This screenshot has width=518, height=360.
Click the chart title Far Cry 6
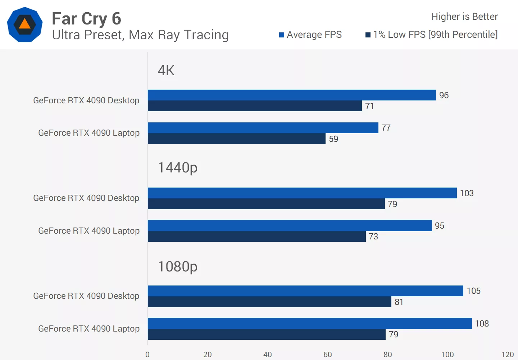[86, 19]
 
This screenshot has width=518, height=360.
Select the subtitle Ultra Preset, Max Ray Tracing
[140, 35]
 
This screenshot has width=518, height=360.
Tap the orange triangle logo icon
[25, 24]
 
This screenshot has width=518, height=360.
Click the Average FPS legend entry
[310, 35]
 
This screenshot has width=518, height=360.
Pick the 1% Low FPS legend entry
[432, 35]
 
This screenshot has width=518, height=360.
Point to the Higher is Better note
[464, 17]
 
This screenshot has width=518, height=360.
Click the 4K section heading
[166, 70]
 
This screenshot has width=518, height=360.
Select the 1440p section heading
[178, 168]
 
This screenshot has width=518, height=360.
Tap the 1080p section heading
[178, 267]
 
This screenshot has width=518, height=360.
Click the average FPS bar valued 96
[291, 95]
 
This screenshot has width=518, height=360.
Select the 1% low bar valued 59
[236, 139]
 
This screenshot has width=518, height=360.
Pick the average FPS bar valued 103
[302, 193]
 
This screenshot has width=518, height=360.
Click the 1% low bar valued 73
[256, 237]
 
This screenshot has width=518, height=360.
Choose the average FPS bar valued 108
[309, 323]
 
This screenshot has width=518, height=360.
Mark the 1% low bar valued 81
[269, 302]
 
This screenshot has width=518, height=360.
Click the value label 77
[386, 128]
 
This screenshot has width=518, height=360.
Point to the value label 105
[473, 291]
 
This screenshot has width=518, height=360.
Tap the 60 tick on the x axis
[327, 354]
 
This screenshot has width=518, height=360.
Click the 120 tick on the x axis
[507, 354]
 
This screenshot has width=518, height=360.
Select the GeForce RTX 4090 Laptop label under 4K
[89, 133]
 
